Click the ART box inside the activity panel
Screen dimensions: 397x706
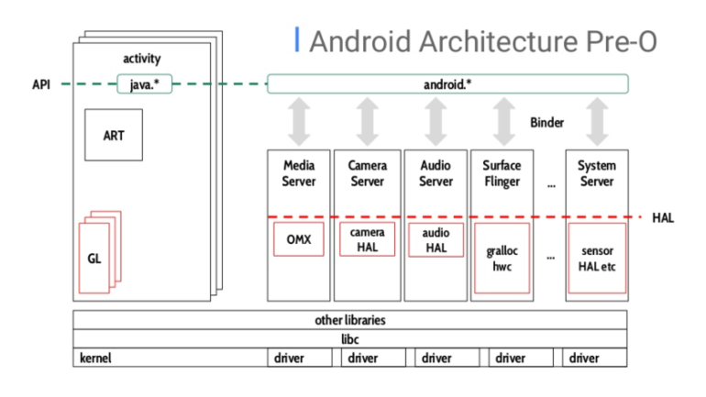pos(114,135)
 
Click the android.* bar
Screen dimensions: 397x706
pos(447,84)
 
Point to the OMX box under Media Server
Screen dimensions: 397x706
pos(299,239)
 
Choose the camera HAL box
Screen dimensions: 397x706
pos(367,239)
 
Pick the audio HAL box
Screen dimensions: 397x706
pos(436,239)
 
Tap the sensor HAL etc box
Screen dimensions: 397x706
pos(597,258)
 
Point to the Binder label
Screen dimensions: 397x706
pos(547,122)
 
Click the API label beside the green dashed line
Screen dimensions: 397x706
pos(40,84)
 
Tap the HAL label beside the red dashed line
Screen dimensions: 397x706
pos(663,217)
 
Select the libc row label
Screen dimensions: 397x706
pos(350,339)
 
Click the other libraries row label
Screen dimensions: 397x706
pos(350,321)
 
